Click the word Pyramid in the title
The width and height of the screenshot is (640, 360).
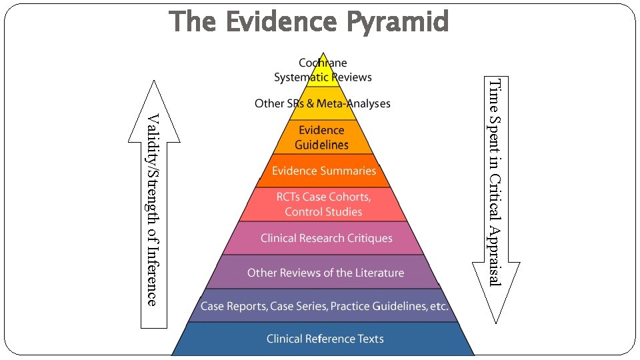coord(397,23)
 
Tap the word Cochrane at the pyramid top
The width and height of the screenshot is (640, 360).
coord(323,63)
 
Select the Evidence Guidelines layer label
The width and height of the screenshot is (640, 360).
coord(321,137)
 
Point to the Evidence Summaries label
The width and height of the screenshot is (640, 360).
coord(324,171)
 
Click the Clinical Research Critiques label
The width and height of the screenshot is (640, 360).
coord(326,238)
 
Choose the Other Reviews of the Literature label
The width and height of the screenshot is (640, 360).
coord(325,273)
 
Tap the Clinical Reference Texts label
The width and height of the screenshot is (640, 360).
coord(325,339)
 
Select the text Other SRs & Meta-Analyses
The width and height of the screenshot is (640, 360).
coord(323,103)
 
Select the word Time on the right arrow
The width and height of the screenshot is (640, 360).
coord(495,91)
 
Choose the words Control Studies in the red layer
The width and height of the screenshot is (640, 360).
coord(323,212)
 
